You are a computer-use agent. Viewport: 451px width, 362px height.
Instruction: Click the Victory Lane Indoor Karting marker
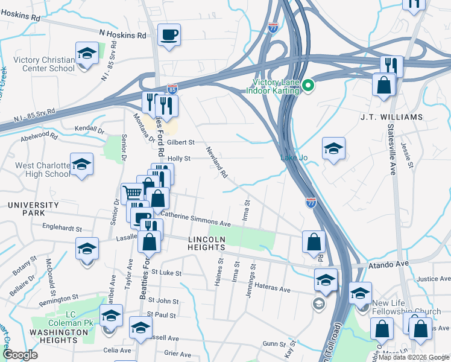click(x=308, y=85)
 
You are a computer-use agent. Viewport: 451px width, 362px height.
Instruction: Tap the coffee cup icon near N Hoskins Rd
click(x=169, y=34)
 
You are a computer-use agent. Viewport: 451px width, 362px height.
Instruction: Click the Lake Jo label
click(x=294, y=158)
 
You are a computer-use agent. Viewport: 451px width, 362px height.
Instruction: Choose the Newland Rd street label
click(x=215, y=163)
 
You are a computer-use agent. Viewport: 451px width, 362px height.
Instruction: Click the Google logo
click(x=20, y=355)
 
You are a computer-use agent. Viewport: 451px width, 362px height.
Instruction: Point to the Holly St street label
click(x=179, y=159)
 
